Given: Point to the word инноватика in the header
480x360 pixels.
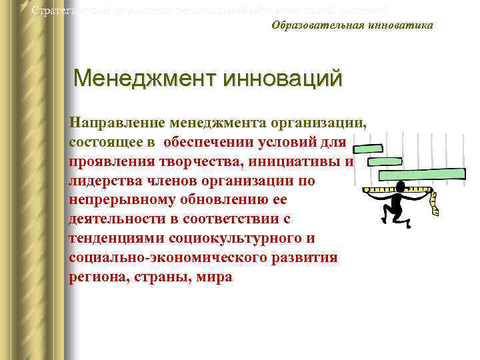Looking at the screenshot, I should [x=399, y=25].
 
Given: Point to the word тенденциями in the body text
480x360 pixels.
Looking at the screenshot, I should [x=109, y=239].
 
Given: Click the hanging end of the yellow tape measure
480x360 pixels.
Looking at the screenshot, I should [x=435, y=207].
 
